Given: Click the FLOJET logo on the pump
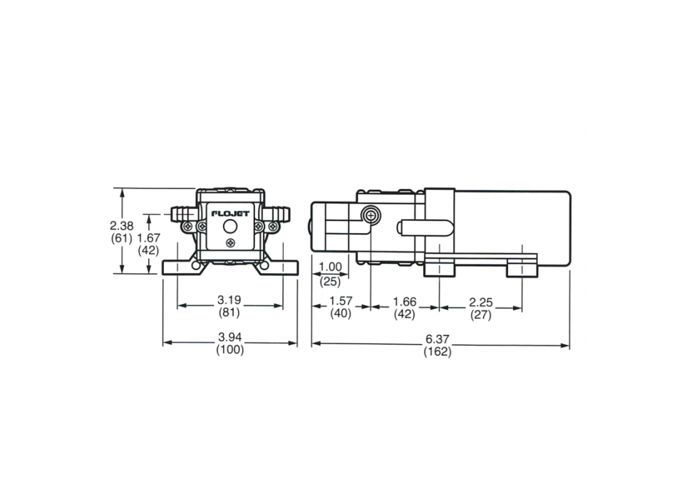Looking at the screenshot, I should [x=229, y=213].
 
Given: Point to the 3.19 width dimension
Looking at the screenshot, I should [x=229, y=299].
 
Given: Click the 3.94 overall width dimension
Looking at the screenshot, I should [x=229, y=336].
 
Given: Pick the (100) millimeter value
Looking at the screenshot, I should [x=229, y=349].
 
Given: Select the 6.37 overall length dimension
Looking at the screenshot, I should [x=438, y=339].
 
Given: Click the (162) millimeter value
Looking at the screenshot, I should [x=438, y=352].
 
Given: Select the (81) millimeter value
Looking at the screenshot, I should [x=229, y=312].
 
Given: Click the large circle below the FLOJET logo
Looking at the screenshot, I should [x=229, y=227].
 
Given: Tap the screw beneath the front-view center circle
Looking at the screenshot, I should [x=229, y=244].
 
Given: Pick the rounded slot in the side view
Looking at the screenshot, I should [x=425, y=227].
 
